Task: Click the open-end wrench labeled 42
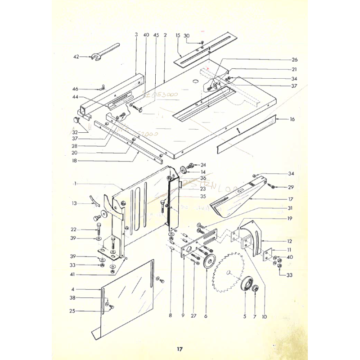[106, 52]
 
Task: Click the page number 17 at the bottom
[180, 349]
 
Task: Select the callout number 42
[76, 57]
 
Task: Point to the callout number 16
[292, 119]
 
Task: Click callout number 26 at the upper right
[295, 59]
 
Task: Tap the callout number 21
[295, 69]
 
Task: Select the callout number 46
[75, 89]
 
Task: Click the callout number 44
[75, 97]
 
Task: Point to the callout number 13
[74, 203]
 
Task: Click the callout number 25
[72, 311]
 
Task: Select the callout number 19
[289, 219]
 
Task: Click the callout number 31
[289, 208]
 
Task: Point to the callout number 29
[291, 187]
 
